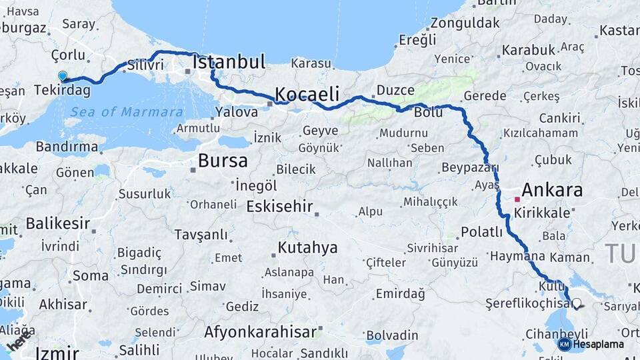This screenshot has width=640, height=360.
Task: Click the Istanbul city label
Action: pyautogui.click(x=229, y=62)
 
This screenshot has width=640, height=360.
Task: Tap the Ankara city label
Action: pyautogui.click(x=552, y=190)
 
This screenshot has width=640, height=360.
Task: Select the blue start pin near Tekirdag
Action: pyautogui.click(x=63, y=77)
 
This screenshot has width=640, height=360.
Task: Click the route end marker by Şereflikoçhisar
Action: pyautogui.click(x=577, y=304)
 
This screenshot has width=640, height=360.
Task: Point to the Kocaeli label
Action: pyautogui.click(x=307, y=93)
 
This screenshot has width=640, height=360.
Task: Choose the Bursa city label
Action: pyautogui.click(x=223, y=161)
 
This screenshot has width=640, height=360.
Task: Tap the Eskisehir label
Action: pyautogui.click(x=279, y=206)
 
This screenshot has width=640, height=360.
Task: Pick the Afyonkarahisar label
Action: pyautogui.click(x=261, y=331)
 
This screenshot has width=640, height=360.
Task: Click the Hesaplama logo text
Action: pyautogui.click(x=598, y=344)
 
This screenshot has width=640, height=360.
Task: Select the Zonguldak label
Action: pyautogui.click(x=465, y=23)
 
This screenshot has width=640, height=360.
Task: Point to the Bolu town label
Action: pyautogui.click(x=428, y=112)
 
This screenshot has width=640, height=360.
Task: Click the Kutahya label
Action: pyautogui.click(x=307, y=248)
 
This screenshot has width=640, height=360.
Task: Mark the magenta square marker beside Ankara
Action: pyautogui.click(x=517, y=199)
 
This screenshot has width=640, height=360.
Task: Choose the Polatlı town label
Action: pyautogui.click(x=481, y=232)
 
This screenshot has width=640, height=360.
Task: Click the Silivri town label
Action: pyautogui.click(x=145, y=65)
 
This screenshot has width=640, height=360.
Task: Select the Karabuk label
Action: pyautogui.click(x=529, y=49)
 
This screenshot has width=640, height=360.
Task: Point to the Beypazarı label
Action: pyautogui.click(x=470, y=167)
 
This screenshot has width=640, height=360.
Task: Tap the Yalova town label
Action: pyautogui.click(x=237, y=112)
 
